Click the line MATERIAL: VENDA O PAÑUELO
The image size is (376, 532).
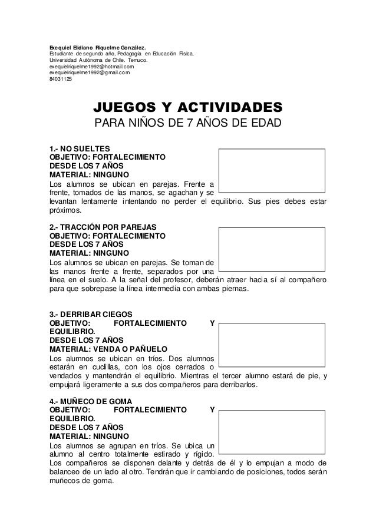click(108, 349)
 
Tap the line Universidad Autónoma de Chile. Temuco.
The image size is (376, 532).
click(98, 60)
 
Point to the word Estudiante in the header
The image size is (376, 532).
click(61, 54)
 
